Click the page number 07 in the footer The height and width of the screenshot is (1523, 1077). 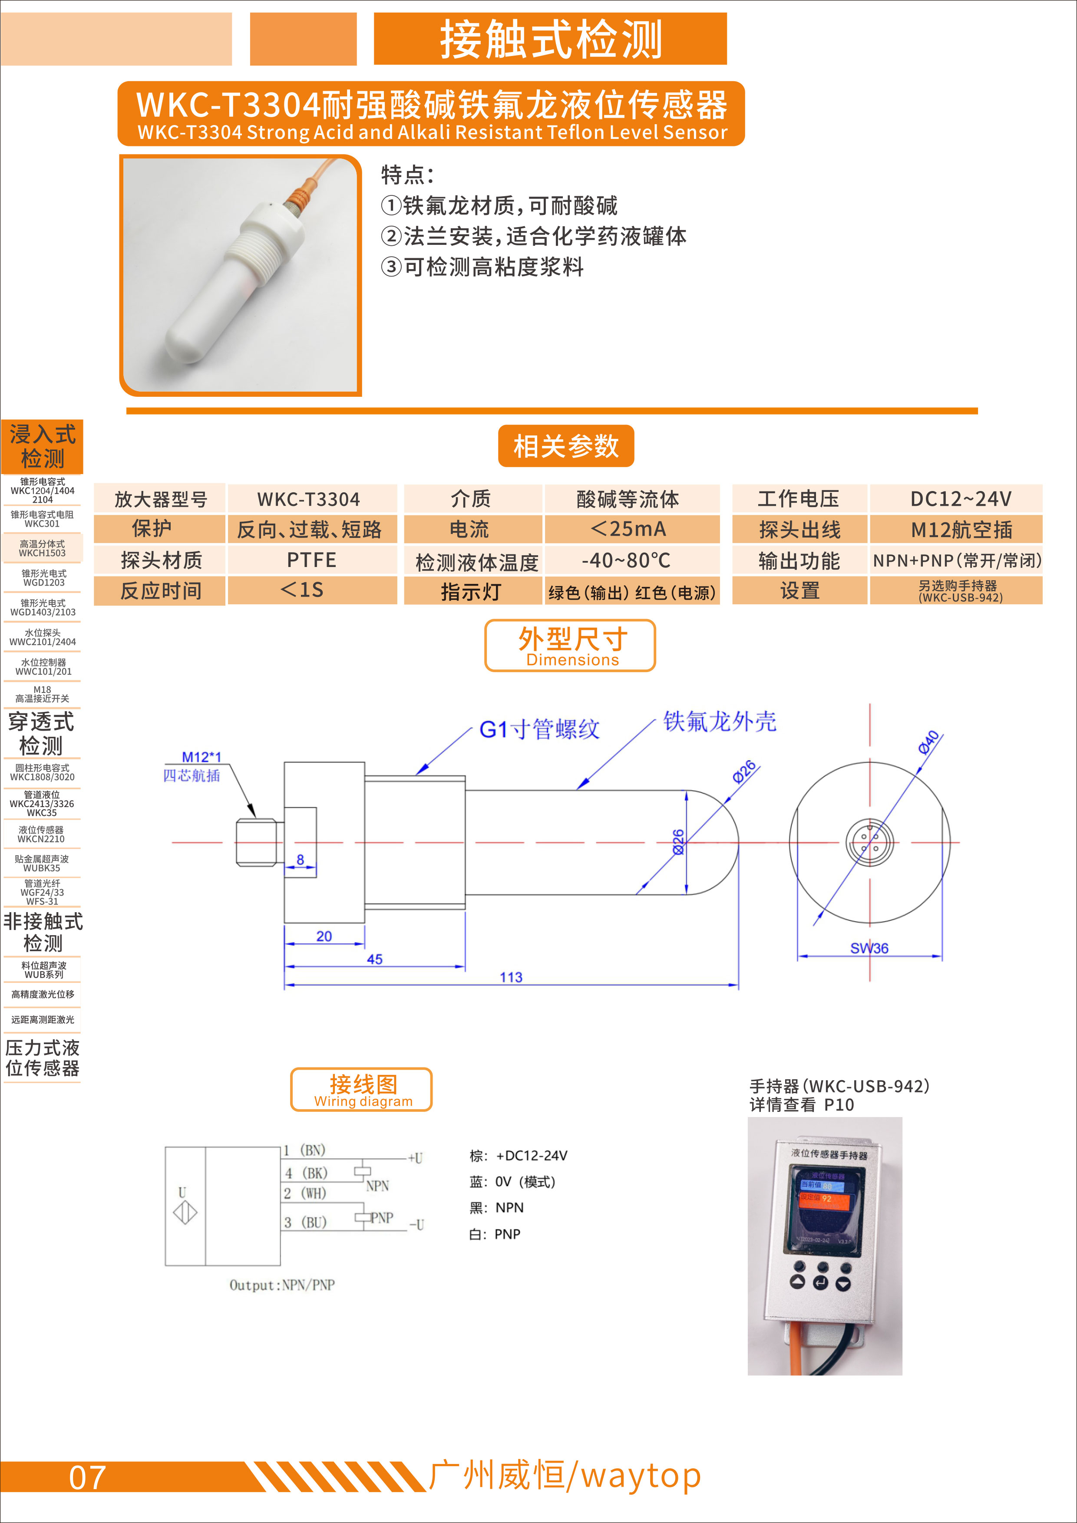(x=88, y=1478)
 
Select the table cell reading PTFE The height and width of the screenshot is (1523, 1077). (x=312, y=560)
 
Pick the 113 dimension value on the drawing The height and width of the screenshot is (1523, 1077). (x=511, y=977)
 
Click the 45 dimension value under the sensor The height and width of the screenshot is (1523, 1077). (x=375, y=959)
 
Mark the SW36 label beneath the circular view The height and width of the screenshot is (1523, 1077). (x=869, y=948)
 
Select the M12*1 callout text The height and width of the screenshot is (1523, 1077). (x=202, y=757)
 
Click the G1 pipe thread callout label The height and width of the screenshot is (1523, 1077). (x=539, y=729)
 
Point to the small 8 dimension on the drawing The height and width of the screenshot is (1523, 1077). (x=301, y=859)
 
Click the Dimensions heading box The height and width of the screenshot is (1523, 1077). (x=570, y=646)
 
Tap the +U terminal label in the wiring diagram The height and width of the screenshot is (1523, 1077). (x=416, y=1158)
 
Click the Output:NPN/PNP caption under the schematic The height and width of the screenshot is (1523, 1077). (x=282, y=1285)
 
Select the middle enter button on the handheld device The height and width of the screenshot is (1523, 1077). (x=821, y=1283)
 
